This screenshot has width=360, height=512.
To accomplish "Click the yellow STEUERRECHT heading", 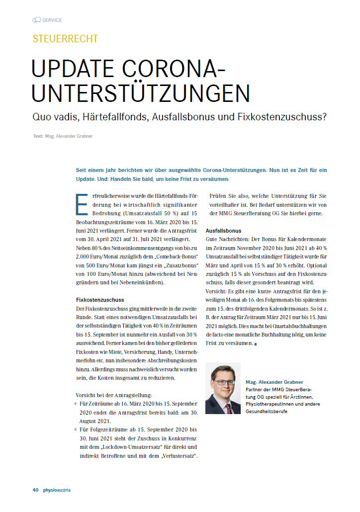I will point(65,39).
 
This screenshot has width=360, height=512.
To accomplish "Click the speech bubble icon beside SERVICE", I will point(36,20).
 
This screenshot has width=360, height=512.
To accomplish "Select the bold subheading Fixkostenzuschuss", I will point(99,300).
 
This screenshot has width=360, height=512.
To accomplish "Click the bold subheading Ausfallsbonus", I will point(223,231).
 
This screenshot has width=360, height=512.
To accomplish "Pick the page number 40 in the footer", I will point(35,490).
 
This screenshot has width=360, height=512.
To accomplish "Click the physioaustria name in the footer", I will point(56,490).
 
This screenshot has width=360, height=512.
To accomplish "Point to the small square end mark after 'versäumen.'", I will point(255,344).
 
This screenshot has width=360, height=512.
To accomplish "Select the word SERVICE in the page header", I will point(52,20).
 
